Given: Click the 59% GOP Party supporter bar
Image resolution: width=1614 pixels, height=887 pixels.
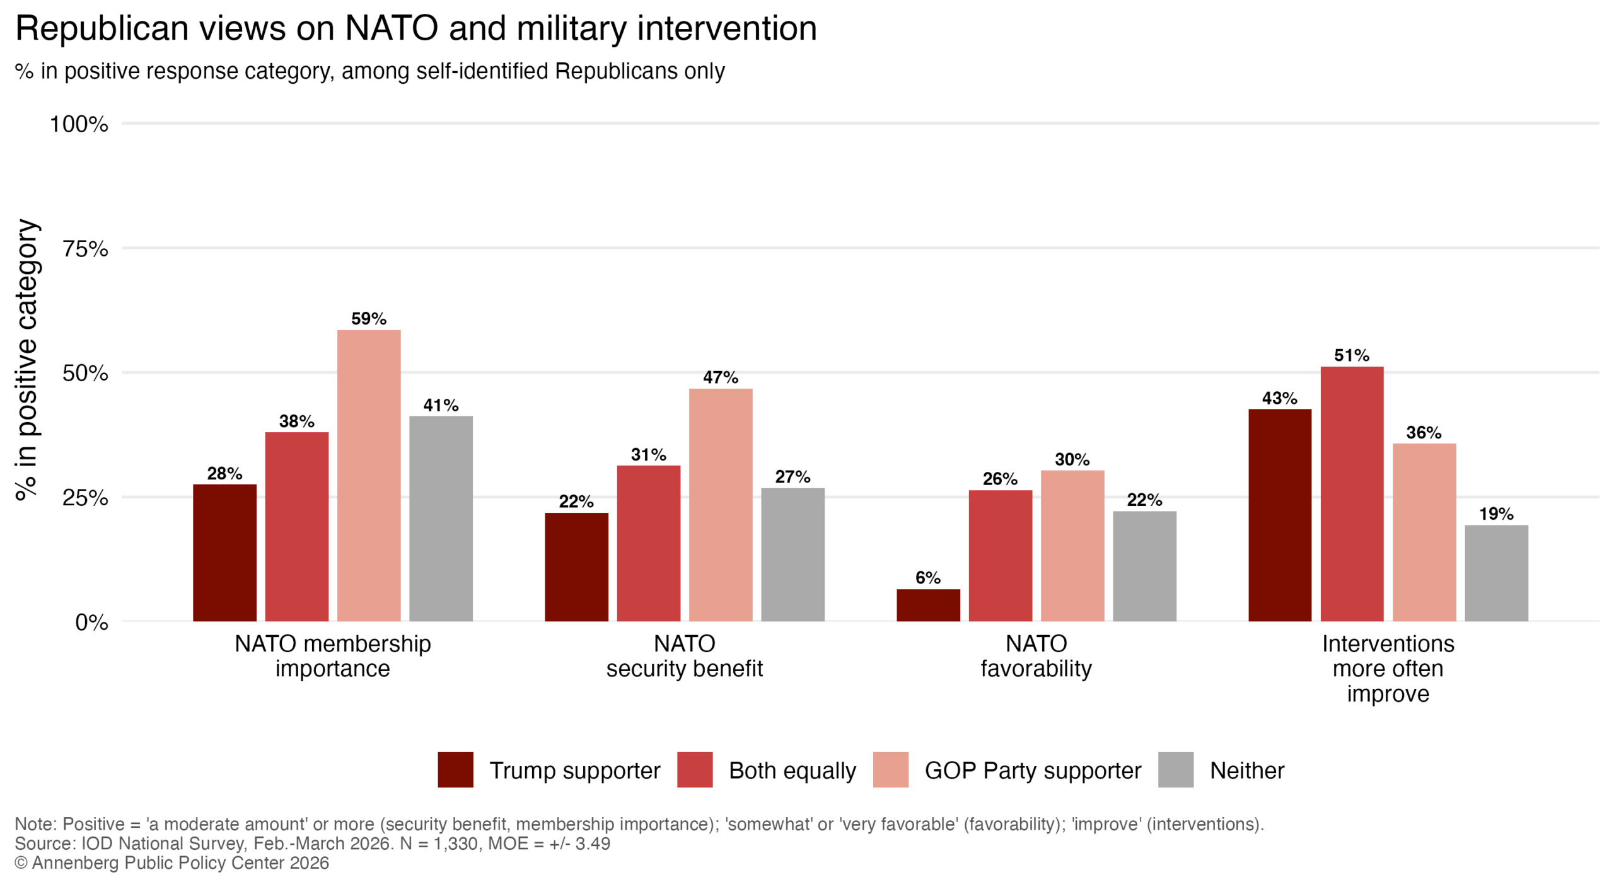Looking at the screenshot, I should (368, 475).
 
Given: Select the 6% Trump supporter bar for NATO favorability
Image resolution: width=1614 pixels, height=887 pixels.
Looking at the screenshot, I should (927, 605).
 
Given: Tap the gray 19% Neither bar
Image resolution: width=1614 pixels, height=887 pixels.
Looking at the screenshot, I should (1495, 573).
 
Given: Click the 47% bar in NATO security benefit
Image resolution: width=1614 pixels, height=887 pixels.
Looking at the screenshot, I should (720, 505).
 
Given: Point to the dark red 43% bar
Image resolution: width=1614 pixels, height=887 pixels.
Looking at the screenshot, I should (1279, 515).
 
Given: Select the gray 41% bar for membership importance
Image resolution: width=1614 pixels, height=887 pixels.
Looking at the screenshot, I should (441, 518).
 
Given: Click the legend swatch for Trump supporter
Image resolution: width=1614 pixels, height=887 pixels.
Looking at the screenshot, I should (455, 769).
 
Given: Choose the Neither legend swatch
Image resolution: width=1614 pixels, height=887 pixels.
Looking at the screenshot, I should (1175, 769).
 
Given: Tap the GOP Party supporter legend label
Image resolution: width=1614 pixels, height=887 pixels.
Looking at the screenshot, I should (1032, 770).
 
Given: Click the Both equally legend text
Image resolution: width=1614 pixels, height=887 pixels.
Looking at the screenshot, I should (792, 770).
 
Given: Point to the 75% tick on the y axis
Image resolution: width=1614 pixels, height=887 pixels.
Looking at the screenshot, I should (85, 249).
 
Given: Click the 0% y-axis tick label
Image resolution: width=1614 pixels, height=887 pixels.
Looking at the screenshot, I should (91, 622).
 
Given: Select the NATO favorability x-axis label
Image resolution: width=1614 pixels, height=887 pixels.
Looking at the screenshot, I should (1035, 656).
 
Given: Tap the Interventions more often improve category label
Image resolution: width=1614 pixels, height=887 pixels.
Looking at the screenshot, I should (1387, 668).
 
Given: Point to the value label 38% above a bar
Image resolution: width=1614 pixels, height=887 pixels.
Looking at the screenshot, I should (296, 421).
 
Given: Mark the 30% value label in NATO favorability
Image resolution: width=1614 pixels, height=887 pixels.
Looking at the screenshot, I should (1072, 459).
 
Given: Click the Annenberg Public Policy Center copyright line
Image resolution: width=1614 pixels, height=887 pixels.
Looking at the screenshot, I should (171, 862).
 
